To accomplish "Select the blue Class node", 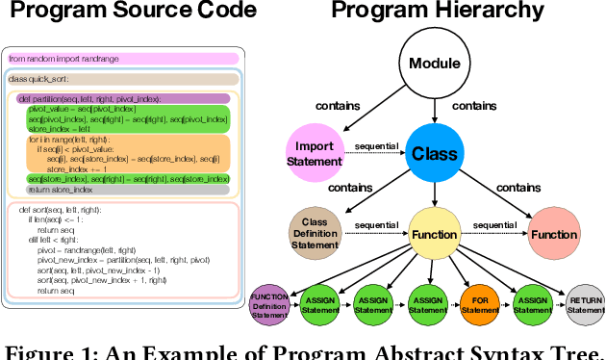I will click(x=434, y=153).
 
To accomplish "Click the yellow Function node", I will click(x=434, y=234).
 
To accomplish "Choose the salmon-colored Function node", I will click(x=555, y=234).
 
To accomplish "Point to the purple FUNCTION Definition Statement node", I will click(x=268, y=303).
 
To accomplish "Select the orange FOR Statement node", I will click(x=478, y=304).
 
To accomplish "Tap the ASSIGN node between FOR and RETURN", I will click(x=531, y=304).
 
